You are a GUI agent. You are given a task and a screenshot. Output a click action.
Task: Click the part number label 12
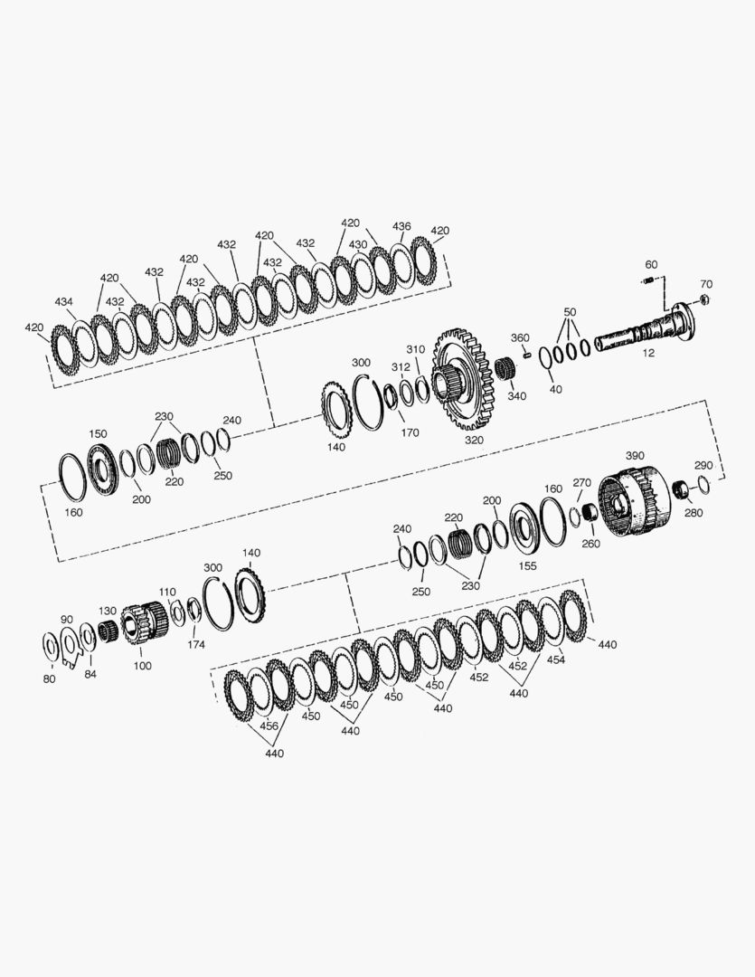coord(648,353)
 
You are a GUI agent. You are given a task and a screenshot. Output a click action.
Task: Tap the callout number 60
coord(651,265)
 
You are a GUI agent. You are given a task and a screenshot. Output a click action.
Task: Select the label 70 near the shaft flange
coord(706,284)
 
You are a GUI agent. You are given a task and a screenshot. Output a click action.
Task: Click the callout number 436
coord(401,226)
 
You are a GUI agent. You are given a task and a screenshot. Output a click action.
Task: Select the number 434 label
coord(63,301)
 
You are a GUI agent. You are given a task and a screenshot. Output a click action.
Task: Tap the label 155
coord(527,565)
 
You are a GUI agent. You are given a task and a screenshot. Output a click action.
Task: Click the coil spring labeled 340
coord(506,368)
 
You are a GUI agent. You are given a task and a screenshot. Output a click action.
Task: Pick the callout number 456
coord(269,726)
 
